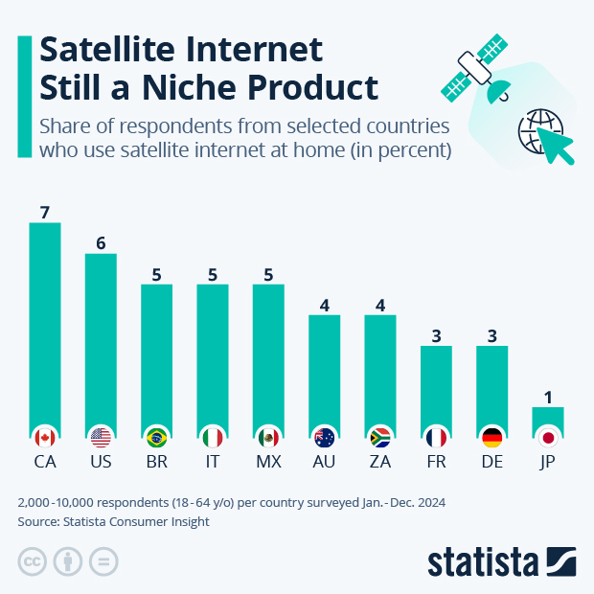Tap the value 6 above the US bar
point(101,243)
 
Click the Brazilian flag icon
point(156,438)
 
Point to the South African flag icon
point(380,438)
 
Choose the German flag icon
point(491,438)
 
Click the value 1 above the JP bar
point(548,397)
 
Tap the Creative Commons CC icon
point(33,561)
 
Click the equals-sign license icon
point(103,561)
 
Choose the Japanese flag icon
point(548,438)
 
